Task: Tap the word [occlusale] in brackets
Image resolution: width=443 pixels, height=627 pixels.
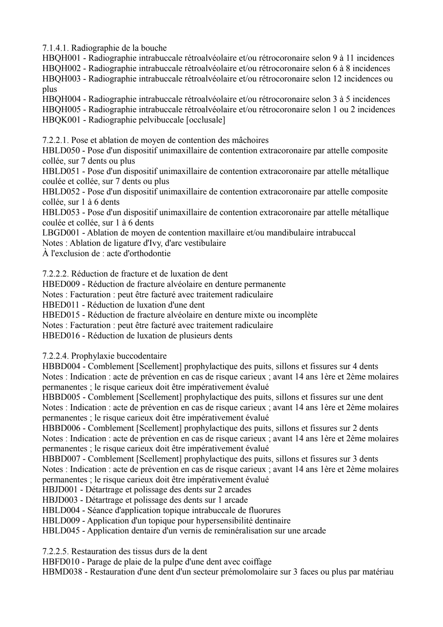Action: click(207, 120)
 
